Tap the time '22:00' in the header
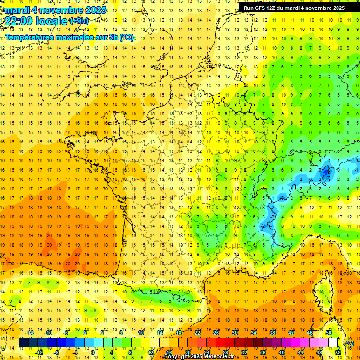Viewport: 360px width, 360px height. pyautogui.click(x=20, y=21)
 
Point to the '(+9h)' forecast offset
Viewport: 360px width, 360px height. pyautogui.click(x=78, y=21)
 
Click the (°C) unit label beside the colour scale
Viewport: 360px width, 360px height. pyautogui.click(x=348, y=343)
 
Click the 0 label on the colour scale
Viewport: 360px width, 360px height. pyautogui.click(x=93, y=352)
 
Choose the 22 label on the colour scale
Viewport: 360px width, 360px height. pyautogui.click(x=197, y=333)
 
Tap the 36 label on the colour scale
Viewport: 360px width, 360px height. pyautogui.click(x=262, y=352)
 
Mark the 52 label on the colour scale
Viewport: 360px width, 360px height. pyautogui.click(x=337, y=352)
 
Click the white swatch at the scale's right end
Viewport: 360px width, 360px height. pyautogui.click(x=333, y=343)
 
